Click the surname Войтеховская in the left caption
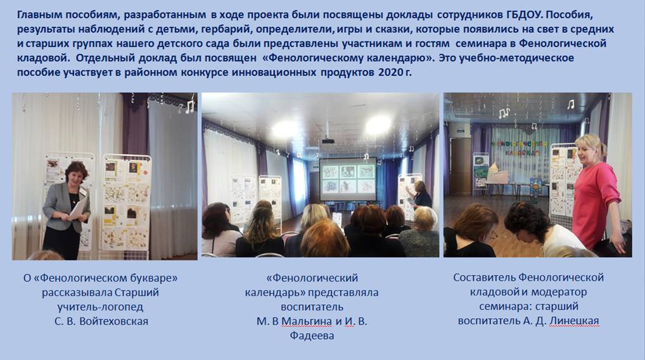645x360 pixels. point(113,321)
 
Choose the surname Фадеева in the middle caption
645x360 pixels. point(312,336)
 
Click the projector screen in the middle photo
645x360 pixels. point(348,179)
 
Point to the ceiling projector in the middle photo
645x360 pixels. point(328,141)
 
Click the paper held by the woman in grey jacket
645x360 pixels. point(79,208)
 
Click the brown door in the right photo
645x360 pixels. point(460,165)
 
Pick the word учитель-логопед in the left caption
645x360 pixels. point(100,307)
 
